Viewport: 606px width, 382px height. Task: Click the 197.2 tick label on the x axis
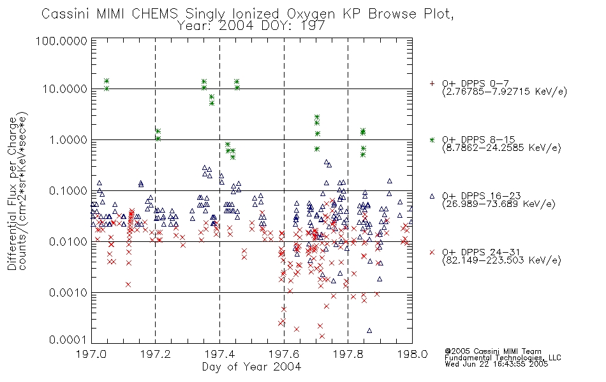click(156, 354)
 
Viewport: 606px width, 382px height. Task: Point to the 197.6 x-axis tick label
click(284, 354)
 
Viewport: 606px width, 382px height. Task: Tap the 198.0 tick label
click(412, 354)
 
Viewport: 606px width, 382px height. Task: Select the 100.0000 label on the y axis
click(61, 41)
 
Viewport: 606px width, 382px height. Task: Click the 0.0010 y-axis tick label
click(68, 293)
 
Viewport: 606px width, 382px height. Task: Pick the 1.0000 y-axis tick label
click(68, 140)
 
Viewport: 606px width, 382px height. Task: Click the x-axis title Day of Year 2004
click(251, 367)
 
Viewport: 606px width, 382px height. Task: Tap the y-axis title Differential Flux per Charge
click(12, 194)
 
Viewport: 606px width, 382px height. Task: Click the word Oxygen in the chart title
click(311, 14)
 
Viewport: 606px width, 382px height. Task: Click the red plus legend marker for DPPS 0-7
click(432, 83)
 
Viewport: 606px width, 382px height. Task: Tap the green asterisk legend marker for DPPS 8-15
click(432, 139)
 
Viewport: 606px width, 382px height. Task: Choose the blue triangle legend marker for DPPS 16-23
click(432, 196)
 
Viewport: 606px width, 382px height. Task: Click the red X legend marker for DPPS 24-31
click(432, 252)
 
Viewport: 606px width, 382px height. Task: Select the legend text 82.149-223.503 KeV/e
click(501, 260)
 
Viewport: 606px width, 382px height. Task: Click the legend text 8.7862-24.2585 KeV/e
click(501, 148)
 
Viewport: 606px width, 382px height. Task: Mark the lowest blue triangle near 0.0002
click(369, 330)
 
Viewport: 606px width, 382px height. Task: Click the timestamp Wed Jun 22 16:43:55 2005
click(496, 364)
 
